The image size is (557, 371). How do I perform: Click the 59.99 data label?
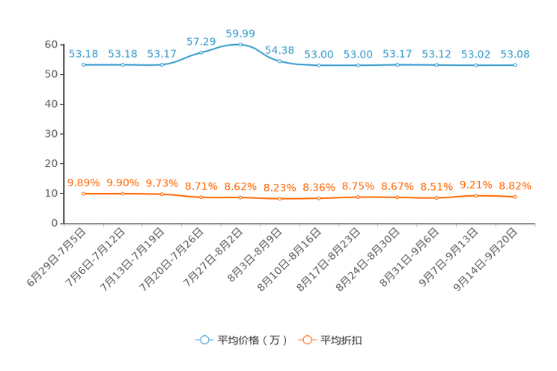pyautogui.click(x=240, y=34)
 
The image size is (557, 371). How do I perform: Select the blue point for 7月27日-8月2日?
pyautogui.click(x=240, y=45)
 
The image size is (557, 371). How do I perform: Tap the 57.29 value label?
pyautogui.click(x=201, y=42)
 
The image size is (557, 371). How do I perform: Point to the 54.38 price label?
pyautogui.click(x=279, y=50)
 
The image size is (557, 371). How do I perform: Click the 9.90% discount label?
pyautogui.click(x=123, y=183)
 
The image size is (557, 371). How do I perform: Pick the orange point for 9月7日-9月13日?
pyautogui.click(x=475, y=196)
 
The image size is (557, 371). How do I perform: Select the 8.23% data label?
pyautogui.click(x=279, y=188)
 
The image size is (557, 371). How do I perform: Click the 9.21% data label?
pyautogui.click(x=475, y=185)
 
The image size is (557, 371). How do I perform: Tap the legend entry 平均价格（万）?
pyautogui.click(x=242, y=340)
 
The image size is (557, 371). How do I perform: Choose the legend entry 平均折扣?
pyautogui.click(x=330, y=340)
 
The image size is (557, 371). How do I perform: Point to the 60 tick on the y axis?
pyautogui.click(x=51, y=45)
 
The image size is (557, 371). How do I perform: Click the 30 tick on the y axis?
pyautogui.click(x=51, y=134)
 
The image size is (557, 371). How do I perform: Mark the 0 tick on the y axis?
pyautogui.click(x=55, y=224)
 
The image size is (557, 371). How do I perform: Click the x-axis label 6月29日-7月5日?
pyautogui.click(x=57, y=257)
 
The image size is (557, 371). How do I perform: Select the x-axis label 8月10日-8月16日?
pyautogui.click(x=290, y=260)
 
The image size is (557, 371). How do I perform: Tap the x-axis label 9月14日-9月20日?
pyautogui.click(x=486, y=260)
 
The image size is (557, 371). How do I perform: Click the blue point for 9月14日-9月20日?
pyautogui.click(x=515, y=65)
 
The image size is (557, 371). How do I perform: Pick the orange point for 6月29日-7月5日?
pyautogui.click(x=84, y=194)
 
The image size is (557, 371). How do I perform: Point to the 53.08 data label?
pyautogui.click(x=515, y=55)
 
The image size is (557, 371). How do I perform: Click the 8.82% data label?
pyautogui.click(x=515, y=186)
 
